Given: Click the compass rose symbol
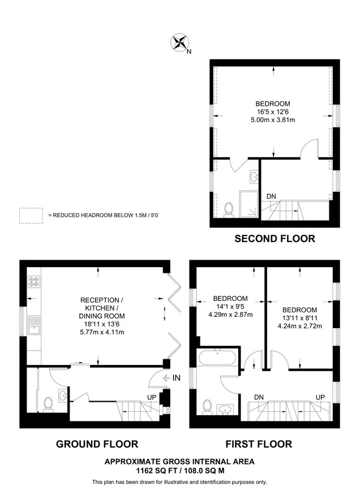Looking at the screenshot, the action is (x=179, y=42).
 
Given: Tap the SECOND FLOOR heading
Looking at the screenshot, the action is (x=275, y=239).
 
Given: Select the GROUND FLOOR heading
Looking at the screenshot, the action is (x=97, y=444).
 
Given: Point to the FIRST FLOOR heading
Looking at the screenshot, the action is (x=259, y=444).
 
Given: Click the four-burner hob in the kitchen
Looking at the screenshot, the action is (x=34, y=282).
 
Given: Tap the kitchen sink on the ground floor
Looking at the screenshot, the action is (x=34, y=325).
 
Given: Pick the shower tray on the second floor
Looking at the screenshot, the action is (x=248, y=204).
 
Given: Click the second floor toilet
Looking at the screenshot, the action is (x=229, y=210).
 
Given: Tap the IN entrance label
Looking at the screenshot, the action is (x=177, y=378).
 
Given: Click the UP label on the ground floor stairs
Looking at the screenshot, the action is (x=152, y=397).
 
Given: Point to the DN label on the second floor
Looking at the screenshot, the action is (x=271, y=196).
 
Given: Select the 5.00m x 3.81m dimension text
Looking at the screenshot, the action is (x=273, y=120).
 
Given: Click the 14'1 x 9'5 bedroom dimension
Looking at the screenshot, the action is (x=230, y=306).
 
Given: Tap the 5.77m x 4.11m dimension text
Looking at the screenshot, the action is (x=102, y=332).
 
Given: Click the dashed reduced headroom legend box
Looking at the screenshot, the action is (x=31, y=216).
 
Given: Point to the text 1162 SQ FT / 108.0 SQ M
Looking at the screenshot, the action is (x=179, y=471).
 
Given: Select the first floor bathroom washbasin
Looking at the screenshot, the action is (x=226, y=410).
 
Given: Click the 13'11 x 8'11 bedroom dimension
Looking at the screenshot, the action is (x=299, y=318).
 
